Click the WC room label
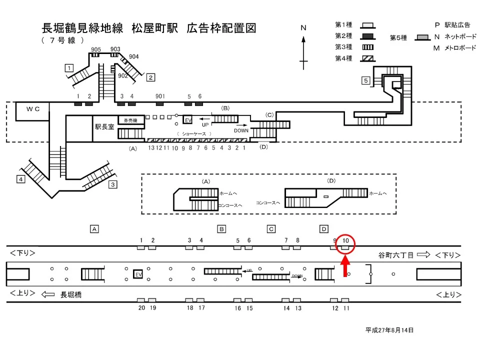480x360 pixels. (33, 108)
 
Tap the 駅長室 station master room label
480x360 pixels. (104, 127)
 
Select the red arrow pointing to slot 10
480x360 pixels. (345, 266)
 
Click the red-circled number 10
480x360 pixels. (345, 241)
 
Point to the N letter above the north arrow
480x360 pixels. (303, 28)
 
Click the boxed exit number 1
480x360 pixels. (69, 67)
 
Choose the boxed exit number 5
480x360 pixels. (366, 80)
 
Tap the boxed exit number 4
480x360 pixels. (21, 179)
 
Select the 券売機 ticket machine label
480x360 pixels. (130, 120)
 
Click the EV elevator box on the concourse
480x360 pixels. (188, 120)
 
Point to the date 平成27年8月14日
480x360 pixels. (389, 330)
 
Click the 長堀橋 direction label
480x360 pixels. (71, 295)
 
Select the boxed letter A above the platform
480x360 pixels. (93, 229)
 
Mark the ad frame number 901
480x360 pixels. (160, 96)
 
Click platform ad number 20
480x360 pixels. (141, 308)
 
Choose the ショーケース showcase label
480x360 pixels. (194, 133)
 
